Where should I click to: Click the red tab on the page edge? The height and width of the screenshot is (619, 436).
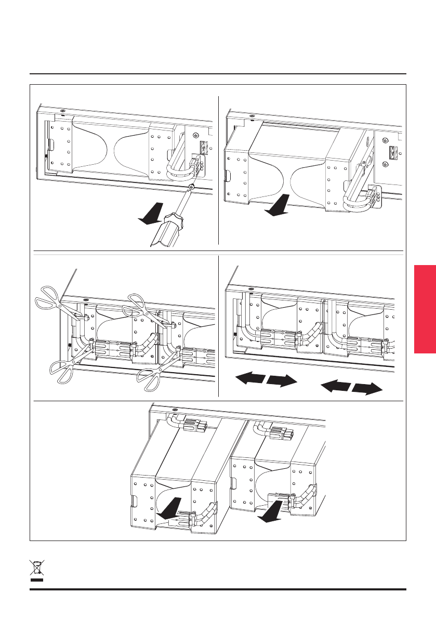coord(425,309)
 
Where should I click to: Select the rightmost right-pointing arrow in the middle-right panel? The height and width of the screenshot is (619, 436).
coord(367,389)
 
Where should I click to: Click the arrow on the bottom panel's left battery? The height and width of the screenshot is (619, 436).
coord(169,508)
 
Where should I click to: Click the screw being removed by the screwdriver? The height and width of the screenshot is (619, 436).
coord(192,187)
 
